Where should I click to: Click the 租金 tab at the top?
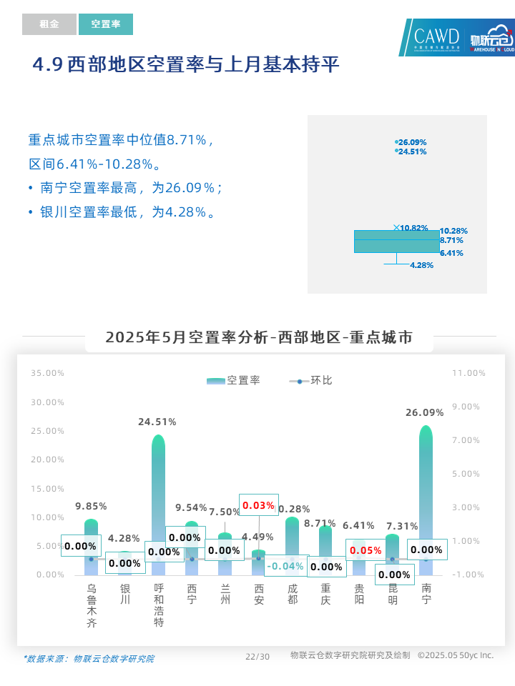49,24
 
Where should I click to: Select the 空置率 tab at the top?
106,24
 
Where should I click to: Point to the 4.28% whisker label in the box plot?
421,265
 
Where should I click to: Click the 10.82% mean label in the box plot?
413,228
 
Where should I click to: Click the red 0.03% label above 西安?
258,505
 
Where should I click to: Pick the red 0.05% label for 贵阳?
366,550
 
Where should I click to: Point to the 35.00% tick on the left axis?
47,373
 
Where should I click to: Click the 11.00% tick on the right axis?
469,373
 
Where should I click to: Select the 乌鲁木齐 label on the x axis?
92,605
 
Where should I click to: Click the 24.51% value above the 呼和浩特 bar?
157,422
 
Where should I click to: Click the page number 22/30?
257,657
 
